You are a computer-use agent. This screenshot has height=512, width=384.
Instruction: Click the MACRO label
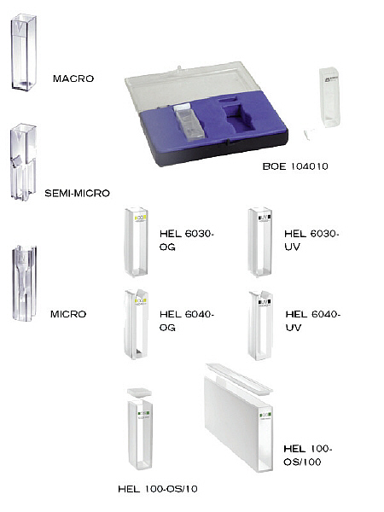(x=73, y=79)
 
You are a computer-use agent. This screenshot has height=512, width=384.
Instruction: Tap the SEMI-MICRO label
(x=77, y=194)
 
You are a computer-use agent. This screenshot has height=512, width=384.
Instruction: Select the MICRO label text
(x=68, y=314)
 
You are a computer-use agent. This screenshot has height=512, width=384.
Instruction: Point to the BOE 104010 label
(x=295, y=166)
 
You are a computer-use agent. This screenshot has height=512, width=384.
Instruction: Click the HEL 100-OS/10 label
(x=158, y=489)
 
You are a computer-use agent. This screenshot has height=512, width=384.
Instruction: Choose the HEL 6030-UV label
(x=311, y=241)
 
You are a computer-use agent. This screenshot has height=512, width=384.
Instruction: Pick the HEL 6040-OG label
(x=187, y=321)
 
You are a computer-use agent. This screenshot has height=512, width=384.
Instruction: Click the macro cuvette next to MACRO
(x=24, y=52)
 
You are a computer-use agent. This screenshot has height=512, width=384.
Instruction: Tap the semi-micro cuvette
(x=23, y=161)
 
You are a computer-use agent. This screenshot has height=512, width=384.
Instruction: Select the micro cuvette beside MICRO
(x=24, y=283)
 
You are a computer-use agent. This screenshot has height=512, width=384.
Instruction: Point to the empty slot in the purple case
(x=239, y=117)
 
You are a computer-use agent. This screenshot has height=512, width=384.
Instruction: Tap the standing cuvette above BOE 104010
(x=329, y=97)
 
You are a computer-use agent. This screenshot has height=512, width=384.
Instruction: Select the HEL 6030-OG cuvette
(x=137, y=242)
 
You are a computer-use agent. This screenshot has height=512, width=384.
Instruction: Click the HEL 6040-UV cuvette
(x=260, y=326)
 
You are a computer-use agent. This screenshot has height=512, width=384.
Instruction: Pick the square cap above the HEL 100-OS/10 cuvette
(x=139, y=393)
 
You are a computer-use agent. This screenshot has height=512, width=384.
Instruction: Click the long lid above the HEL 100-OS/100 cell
(x=239, y=377)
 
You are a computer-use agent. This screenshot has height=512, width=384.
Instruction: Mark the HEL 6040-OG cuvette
(x=137, y=324)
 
